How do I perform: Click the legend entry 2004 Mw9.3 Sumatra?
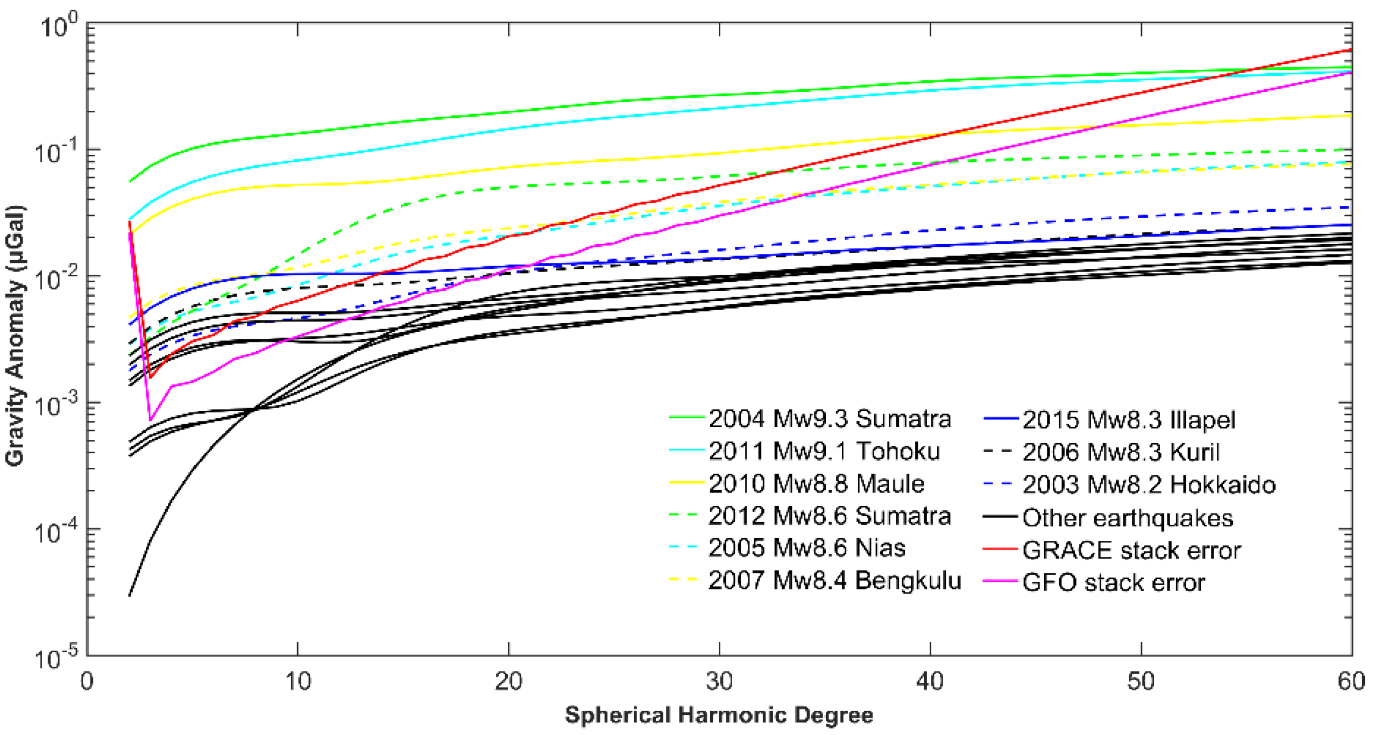[x=829, y=419]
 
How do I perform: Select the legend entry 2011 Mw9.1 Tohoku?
[x=824, y=451]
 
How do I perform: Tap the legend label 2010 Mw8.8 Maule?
[x=816, y=483]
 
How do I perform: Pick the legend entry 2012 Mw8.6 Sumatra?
[x=829, y=516]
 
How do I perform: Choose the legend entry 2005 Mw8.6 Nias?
[x=806, y=548]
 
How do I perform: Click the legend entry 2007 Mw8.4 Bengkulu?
[x=834, y=580]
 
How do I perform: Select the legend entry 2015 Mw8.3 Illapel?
[x=1128, y=420]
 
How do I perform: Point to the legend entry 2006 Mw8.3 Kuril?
[x=1120, y=452]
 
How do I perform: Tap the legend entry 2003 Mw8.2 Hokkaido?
[x=1149, y=484]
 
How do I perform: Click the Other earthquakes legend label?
[x=1128, y=518]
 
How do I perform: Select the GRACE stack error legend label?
[x=1131, y=550]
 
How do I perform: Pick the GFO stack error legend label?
[x=1113, y=582]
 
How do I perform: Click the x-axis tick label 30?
[x=719, y=681]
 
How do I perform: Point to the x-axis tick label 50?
[x=1141, y=681]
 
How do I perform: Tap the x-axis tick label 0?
[x=87, y=681]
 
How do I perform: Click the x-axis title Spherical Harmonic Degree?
[x=719, y=715]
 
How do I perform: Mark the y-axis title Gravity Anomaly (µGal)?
[x=15, y=336]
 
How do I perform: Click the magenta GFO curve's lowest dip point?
[x=151, y=420]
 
